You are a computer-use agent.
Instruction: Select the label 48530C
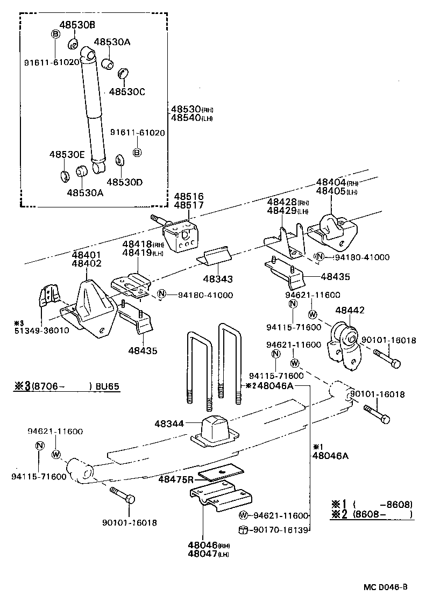click(x=127, y=91)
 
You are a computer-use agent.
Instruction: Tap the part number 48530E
click(x=67, y=154)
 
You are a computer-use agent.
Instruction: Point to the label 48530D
click(x=124, y=182)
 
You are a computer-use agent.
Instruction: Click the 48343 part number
click(x=218, y=278)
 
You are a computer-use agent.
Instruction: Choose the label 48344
click(x=169, y=423)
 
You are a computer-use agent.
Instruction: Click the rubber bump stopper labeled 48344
click(x=215, y=430)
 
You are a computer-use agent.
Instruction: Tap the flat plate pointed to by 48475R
click(x=221, y=472)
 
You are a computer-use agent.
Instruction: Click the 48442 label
click(x=350, y=310)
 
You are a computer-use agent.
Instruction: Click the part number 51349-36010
click(x=41, y=331)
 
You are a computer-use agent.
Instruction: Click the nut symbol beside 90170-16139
click(x=242, y=530)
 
